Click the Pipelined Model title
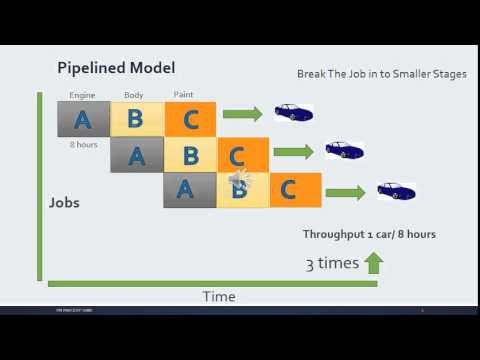[116, 68]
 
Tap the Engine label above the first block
[82, 95]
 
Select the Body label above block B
[134, 95]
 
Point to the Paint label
[183, 95]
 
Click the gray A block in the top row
[83, 119]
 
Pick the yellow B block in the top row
[135, 119]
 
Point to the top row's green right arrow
[242, 115]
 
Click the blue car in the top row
[293, 113]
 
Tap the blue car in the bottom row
[395, 190]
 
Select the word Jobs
[65, 202]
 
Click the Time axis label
[218, 296]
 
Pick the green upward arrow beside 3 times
[373, 264]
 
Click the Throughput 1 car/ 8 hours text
[369, 234]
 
